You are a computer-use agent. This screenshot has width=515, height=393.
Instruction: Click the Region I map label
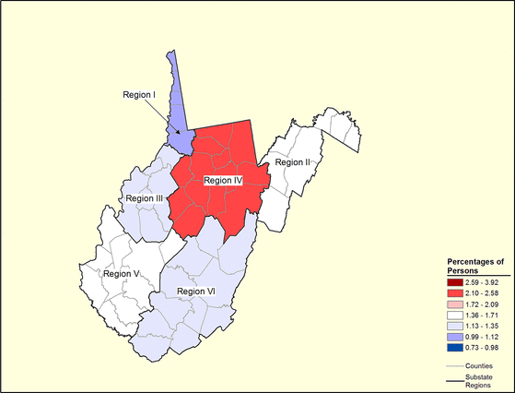[142, 94]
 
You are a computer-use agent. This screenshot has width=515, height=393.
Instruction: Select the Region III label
[145, 198]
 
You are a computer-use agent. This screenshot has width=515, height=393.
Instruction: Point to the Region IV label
[222, 181]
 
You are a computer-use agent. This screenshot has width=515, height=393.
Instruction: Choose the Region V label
[122, 273]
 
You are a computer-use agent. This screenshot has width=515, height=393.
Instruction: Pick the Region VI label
[195, 292]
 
